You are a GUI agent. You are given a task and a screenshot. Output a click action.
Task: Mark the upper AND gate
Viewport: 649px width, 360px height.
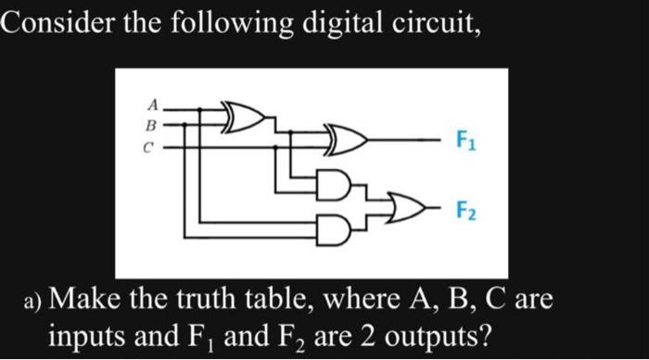click(337, 182)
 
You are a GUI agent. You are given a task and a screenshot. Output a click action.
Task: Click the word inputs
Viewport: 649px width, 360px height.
click(90, 335)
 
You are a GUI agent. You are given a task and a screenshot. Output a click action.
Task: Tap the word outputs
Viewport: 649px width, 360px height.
click(439, 335)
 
